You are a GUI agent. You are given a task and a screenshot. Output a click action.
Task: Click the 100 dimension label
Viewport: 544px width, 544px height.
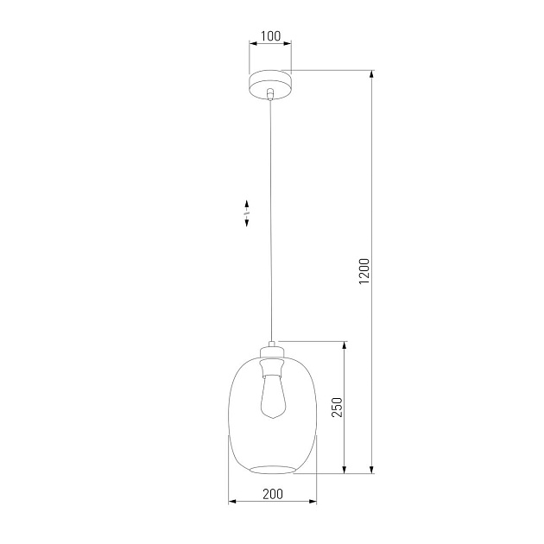coord(270,35)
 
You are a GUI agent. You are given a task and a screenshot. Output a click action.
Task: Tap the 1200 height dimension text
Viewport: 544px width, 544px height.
coord(364,272)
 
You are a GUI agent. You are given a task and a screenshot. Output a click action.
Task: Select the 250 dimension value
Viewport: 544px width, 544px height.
coord(338,408)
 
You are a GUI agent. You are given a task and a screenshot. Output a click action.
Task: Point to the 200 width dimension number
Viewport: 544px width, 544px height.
coord(272,494)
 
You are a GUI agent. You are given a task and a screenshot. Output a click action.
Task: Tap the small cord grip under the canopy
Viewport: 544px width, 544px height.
coord(271,94)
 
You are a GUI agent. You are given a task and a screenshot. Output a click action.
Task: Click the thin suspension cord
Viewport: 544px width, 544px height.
coord(272,216)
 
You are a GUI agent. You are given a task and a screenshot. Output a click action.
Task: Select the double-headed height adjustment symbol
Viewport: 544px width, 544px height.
coord(248,212)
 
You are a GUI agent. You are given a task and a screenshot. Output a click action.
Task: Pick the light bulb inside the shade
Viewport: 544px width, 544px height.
coord(273,397)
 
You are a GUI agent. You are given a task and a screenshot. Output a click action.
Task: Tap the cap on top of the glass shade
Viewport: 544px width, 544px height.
coord(273,350)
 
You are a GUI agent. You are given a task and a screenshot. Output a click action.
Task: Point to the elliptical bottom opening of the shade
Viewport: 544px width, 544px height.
coord(272,469)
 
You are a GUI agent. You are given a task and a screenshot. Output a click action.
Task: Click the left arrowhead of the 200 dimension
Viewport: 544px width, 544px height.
coord(231,501)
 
